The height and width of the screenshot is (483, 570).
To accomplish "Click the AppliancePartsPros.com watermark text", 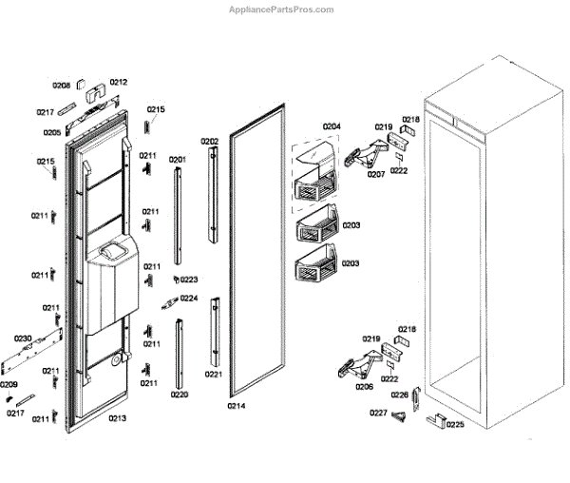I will (282, 10).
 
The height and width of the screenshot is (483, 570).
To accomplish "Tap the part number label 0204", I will (331, 126).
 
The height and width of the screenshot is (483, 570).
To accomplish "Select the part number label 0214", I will (236, 406).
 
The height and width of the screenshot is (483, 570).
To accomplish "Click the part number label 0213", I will (117, 418).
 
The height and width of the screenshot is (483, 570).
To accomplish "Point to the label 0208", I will (61, 86).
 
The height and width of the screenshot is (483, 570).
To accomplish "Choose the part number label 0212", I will (118, 82).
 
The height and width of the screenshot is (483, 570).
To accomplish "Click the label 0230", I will (23, 338).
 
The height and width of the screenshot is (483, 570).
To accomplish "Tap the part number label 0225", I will (455, 424).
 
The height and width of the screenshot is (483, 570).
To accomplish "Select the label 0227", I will (378, 413).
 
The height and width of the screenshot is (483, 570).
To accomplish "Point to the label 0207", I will (376, 174).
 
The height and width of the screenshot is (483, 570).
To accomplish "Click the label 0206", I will (364, 387).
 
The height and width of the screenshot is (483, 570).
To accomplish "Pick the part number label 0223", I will (188, 280).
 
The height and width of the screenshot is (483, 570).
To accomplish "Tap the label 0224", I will (189, 298).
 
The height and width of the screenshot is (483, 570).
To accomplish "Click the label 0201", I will (178, 160).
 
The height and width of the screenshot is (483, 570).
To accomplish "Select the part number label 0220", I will (180, 394).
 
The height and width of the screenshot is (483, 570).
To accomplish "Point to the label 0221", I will (214, 374).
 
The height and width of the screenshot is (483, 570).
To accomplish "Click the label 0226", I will (400, 395).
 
